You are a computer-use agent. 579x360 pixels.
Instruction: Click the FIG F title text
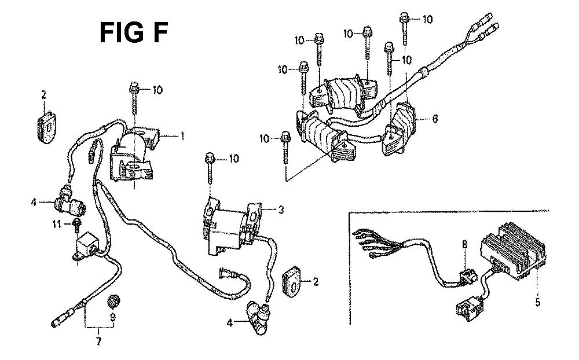(134, 32)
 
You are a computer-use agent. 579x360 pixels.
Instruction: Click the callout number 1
(182, 136)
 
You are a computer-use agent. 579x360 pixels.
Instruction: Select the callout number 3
(281, 210)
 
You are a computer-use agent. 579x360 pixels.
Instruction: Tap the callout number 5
(538, 302)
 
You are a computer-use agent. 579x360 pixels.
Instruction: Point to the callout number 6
(435, 119)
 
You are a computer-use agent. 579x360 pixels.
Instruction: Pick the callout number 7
(98, 341)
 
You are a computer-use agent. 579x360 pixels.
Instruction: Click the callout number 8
(464, 244)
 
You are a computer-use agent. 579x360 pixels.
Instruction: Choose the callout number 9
(113, 317)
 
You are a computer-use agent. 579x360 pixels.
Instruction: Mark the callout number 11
(57, 224)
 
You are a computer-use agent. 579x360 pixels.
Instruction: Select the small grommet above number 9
(112, 302)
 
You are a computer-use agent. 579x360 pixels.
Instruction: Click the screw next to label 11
(77, 225)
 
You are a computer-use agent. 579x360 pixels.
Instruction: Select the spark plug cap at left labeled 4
(70, 201)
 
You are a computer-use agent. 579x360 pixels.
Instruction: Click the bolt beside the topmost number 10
(404, 29)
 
